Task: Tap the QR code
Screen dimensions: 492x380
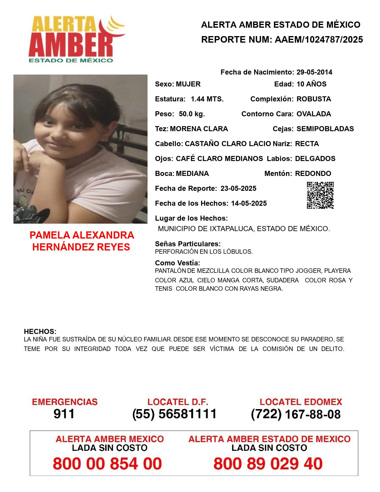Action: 320,195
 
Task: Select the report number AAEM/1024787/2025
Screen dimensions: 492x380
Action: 319,39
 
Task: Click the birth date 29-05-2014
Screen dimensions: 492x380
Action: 314,72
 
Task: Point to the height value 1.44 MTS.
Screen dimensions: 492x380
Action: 207,99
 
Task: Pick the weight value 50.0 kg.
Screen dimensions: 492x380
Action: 192,114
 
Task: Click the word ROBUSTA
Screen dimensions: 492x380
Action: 314,99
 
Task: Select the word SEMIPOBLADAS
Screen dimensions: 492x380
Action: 325,129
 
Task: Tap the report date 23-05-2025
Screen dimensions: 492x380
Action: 238,188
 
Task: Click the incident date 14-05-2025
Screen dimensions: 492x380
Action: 249,203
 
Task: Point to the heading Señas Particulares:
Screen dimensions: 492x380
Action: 187,244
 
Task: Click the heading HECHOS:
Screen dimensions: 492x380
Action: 40,332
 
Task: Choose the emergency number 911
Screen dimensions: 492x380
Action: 64,414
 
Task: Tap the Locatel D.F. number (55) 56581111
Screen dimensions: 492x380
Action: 174,414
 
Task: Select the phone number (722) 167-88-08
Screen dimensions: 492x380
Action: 296,414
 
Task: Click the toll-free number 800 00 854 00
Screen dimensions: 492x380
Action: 107,464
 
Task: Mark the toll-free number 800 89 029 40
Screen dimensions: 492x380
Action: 268,464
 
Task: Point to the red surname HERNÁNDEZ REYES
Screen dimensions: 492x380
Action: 81,247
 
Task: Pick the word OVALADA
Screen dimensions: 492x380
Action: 314,114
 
